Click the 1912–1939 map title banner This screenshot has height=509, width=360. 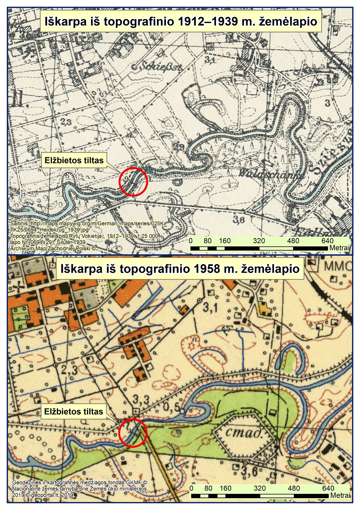(x=181, y=22)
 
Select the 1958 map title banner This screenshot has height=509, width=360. (x=180, y=269)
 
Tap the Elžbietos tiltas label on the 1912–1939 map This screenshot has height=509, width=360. (x=74, y=161)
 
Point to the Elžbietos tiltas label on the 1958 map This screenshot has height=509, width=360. (x=73, y=411)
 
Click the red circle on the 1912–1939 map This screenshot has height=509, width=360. (x=133, y=182)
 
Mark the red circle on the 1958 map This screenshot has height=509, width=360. (x=133, y=433)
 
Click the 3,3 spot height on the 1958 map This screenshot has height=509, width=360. (x=141, y=399)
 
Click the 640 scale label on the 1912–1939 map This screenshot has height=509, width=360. (x=327, y=241)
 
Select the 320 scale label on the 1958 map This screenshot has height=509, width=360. (x=260, y=488)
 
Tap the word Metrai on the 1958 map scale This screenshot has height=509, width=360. (x=340, y=496)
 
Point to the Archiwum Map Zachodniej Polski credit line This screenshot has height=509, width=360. (x=53, y=248)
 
